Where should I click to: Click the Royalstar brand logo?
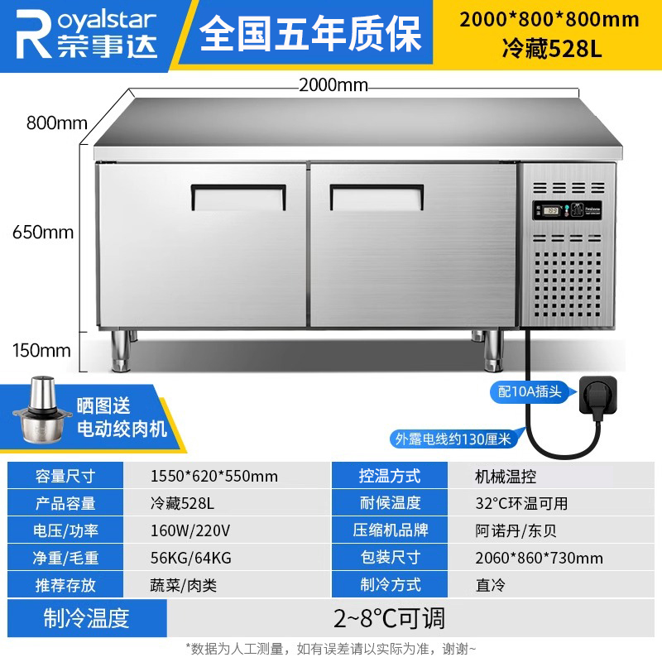(86, 35)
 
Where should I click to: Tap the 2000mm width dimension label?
(333, 85)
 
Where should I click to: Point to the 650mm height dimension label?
(43, 233)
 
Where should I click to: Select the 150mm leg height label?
(41, 350)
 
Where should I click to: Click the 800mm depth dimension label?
(56, 122)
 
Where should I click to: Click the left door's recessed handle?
(238, 197)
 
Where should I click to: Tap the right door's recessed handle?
(377, 197)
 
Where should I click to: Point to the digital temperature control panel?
(568, 210)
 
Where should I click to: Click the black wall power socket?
(597, 396)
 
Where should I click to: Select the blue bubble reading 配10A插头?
(530, 391)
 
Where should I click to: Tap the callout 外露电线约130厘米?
(453, 439)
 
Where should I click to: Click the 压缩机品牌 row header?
(390, 530)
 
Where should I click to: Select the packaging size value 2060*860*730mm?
(540, 558)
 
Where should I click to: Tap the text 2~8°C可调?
(389, 618)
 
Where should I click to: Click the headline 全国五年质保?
(310, 33)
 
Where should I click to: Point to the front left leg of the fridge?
(121, 350)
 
